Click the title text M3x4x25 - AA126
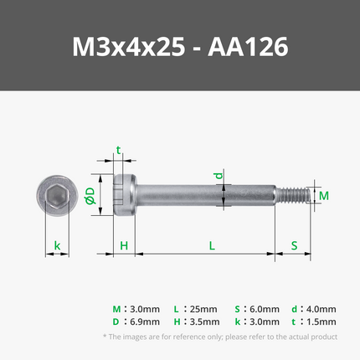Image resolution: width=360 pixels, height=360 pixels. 180,47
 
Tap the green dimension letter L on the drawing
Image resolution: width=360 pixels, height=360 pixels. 212,246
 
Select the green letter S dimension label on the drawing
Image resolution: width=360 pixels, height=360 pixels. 294,246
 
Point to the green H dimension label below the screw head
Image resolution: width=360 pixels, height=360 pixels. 124,246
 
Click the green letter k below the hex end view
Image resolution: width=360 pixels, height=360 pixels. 57,246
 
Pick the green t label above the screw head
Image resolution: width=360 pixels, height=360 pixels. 118,151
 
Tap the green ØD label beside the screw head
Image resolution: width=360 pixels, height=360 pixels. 90,195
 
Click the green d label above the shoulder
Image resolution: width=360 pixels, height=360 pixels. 219,176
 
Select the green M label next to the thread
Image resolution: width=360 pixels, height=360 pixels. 324,196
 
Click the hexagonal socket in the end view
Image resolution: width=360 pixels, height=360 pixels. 57,195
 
